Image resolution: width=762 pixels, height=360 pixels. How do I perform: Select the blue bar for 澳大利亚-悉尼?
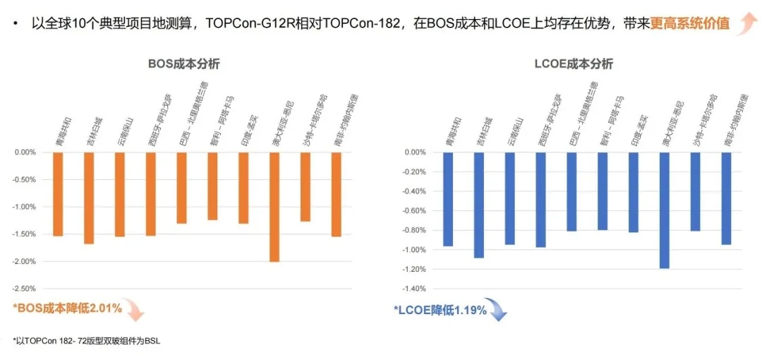[x=664, y=210]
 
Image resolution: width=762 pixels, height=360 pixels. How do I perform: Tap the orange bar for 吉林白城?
[x=89, y=198]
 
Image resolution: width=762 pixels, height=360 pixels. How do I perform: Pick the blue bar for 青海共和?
[x=447, y=199]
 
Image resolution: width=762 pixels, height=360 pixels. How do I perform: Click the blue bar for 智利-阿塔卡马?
[x=602, y=191]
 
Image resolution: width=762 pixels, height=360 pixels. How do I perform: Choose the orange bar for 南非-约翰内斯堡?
[x=336, y=194]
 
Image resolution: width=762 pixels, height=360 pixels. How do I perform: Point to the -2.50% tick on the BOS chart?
[x=25, y=289]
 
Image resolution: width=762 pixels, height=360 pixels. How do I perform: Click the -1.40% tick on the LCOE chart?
[x=414, y=289]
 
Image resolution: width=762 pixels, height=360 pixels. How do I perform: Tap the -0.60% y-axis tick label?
[x=414, y=210]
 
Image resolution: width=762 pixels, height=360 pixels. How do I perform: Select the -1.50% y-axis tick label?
[x=25, y=234]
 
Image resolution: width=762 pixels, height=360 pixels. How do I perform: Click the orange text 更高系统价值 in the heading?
[x=689, y=23]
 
